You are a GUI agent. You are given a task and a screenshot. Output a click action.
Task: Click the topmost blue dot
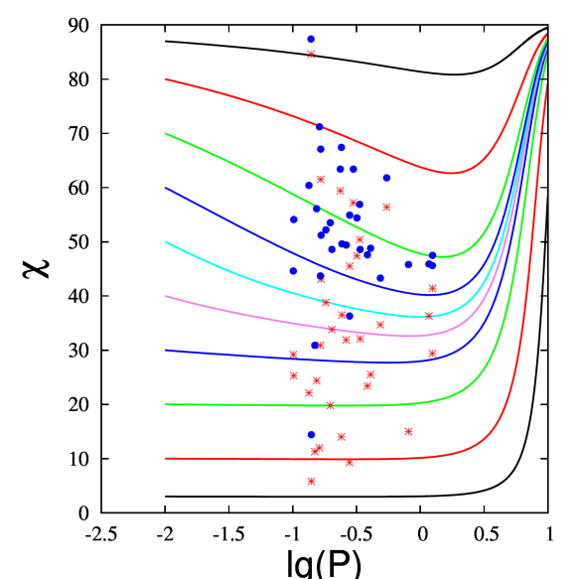click(311, 40)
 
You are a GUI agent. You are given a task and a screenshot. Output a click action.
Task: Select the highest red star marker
click(311, 54)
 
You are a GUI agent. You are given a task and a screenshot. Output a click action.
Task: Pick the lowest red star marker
click(311, 481)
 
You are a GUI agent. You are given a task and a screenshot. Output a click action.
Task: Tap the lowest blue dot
click(311, 434)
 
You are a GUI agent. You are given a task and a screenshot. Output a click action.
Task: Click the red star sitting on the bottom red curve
click(350, 462)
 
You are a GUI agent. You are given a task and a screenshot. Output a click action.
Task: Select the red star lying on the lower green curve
click(331, 405)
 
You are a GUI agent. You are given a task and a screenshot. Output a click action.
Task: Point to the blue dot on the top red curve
click(320, 126)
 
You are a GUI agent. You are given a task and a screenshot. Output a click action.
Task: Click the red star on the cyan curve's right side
click(429, 316)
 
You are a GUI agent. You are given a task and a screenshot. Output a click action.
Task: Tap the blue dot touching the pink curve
click(350, 315)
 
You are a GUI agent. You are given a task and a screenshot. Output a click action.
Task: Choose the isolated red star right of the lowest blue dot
click(408, 431)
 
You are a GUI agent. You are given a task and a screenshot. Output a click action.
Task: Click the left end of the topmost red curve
click(166, 78)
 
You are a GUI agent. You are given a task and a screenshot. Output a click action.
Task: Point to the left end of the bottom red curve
click(166, 459)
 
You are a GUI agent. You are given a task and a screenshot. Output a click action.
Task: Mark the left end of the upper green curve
click(166, 133)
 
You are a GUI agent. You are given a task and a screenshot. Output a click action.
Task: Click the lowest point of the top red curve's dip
click(452, 173)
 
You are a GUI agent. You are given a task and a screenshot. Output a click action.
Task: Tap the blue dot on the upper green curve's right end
click(432, 256)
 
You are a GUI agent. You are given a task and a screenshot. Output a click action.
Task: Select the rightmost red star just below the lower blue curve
click(432, 353)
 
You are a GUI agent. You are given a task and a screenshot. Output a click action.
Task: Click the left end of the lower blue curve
click(166, 350)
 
